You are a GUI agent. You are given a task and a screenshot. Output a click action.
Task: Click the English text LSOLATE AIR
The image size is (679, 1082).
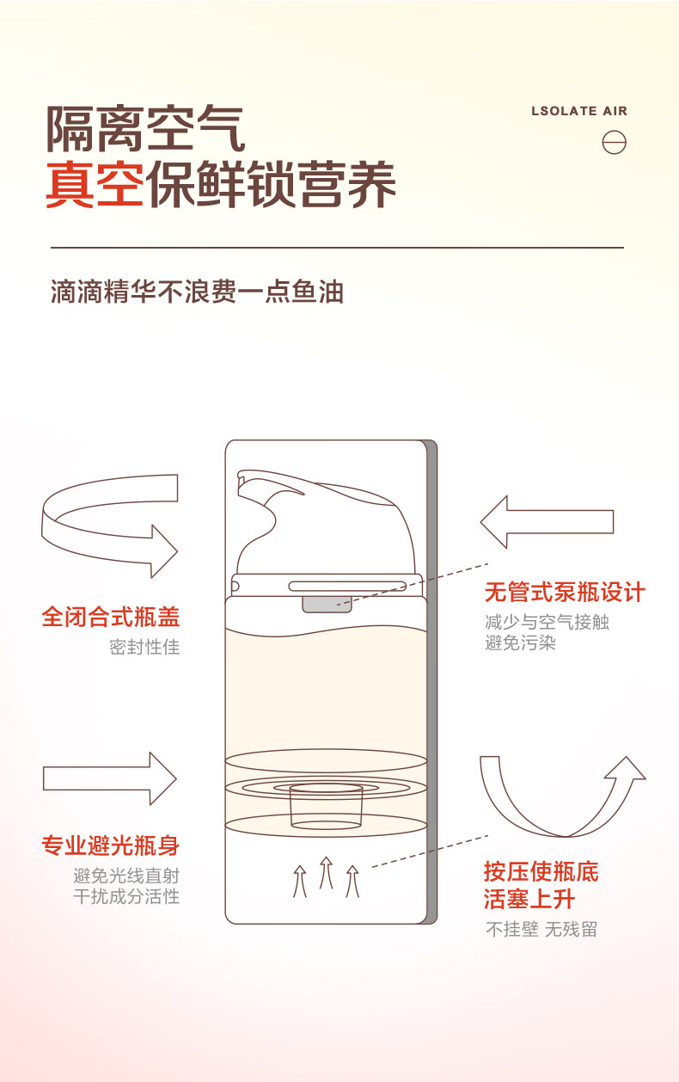(579, 111)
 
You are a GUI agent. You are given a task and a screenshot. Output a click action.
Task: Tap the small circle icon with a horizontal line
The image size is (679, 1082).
(614, 143)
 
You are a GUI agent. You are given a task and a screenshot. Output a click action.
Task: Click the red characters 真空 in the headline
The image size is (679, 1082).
(95, 185)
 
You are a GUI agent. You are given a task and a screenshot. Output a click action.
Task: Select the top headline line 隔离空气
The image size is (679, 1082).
(145, 128)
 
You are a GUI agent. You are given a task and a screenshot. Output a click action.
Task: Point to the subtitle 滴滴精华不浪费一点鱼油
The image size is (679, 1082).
(197, 292)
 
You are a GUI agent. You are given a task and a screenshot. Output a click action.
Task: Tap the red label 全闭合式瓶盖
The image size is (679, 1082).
(111, 617)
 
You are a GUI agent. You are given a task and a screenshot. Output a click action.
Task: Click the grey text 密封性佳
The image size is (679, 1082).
(144, 647)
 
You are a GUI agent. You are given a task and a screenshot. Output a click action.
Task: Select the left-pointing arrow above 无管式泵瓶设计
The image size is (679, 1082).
(547, 522)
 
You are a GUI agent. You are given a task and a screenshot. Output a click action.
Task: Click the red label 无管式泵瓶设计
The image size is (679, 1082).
(565, 593)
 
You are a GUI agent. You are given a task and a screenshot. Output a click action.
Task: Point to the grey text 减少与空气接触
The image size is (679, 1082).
(547, 622)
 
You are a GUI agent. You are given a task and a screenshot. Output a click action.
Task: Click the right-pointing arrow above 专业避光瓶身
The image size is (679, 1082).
(109, 778)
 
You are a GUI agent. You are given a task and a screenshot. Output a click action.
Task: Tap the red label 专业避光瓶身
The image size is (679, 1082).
(111, 845)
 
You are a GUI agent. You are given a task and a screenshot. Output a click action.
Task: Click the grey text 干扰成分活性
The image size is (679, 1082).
(126, 896)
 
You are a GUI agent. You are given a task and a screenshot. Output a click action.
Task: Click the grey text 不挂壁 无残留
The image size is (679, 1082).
(541, 929)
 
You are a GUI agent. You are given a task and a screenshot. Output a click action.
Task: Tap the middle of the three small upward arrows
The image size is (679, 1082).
(327, 872)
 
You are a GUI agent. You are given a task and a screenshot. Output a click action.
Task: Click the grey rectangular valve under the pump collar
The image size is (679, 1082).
(327, 605)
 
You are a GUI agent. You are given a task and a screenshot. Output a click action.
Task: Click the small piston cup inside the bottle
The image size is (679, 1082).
(327, 806)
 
